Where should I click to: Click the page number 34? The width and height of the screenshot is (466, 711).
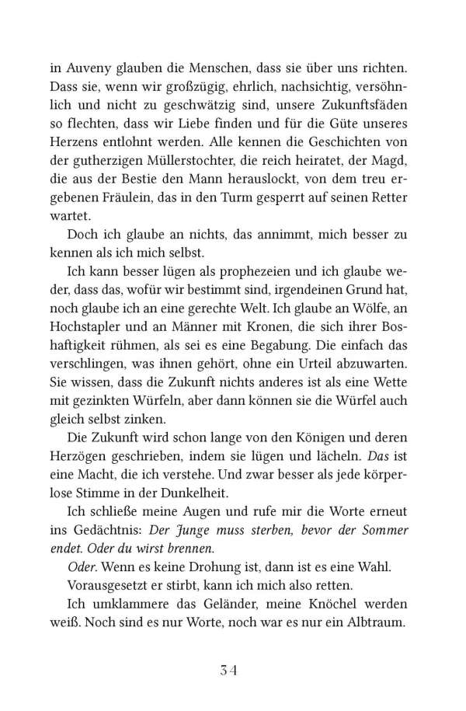[x=232, y=668]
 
